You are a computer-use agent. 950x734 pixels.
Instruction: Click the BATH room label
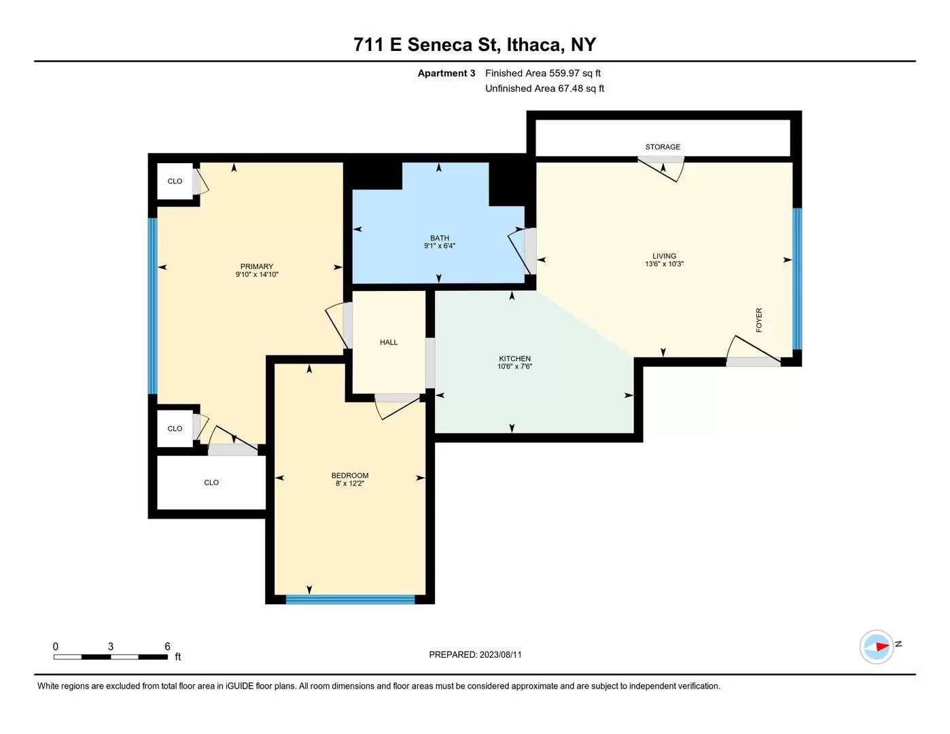click(x=440, y=238)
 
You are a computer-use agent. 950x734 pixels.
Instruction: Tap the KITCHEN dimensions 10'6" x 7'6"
click(x=514, y=366)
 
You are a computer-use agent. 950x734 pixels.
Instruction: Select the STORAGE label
click(x=663, y=147)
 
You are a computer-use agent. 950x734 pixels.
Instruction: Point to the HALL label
click(x=389, y=343)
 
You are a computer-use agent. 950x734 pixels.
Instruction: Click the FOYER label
click(x=759, y=320)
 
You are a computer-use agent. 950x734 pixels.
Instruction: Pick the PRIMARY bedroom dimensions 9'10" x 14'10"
click(x=257, y=275)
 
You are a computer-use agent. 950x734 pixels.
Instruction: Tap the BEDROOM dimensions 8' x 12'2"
click(x=350, y=483)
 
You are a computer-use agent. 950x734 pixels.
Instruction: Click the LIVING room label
click(x=664, y=256)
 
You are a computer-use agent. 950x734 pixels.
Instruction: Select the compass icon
click(x=876, y=647)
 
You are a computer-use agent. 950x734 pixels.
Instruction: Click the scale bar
click(x=111, y=657)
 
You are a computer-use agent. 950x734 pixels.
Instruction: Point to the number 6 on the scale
click(x=167, y=646)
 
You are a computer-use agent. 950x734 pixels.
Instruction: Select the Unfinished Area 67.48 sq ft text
click(x=545, y=88)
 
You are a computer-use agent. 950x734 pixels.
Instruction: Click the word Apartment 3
click(x=446, y=73)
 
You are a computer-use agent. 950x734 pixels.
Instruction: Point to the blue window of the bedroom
click(x=350, y=599)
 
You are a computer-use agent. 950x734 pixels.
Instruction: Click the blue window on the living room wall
click(x=797, y=279)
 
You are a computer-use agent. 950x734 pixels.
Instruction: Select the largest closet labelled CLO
click(x=211, y=483)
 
